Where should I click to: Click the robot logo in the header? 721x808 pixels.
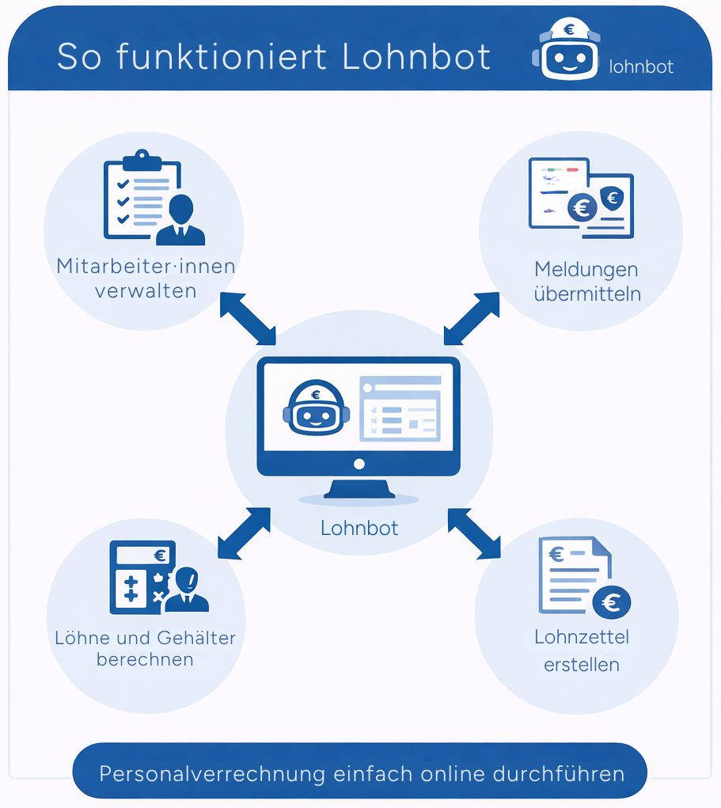(x=568, y=51)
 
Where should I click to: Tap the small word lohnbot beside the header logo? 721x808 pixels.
(x=641, y=67)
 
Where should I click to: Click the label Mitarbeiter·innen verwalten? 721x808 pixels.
(x=146, y=278)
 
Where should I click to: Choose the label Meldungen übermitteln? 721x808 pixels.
(x=586, y=282)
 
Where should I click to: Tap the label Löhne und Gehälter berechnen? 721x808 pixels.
(x=145, y=648)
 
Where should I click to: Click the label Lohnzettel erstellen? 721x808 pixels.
(x=582, y=651)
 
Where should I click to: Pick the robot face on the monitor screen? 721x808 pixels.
(x=316, y=408)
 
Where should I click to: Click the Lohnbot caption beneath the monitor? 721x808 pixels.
(x=359, y=528)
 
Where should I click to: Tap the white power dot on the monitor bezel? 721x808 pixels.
(x=359, y=463)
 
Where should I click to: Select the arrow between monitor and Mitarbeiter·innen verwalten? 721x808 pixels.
(x=248, y=318)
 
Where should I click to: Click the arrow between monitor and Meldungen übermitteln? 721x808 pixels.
(x=472, y=318)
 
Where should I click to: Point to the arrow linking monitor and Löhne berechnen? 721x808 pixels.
(x=244, y=533)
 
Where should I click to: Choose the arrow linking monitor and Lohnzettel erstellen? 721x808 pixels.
(x=474, y=533)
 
